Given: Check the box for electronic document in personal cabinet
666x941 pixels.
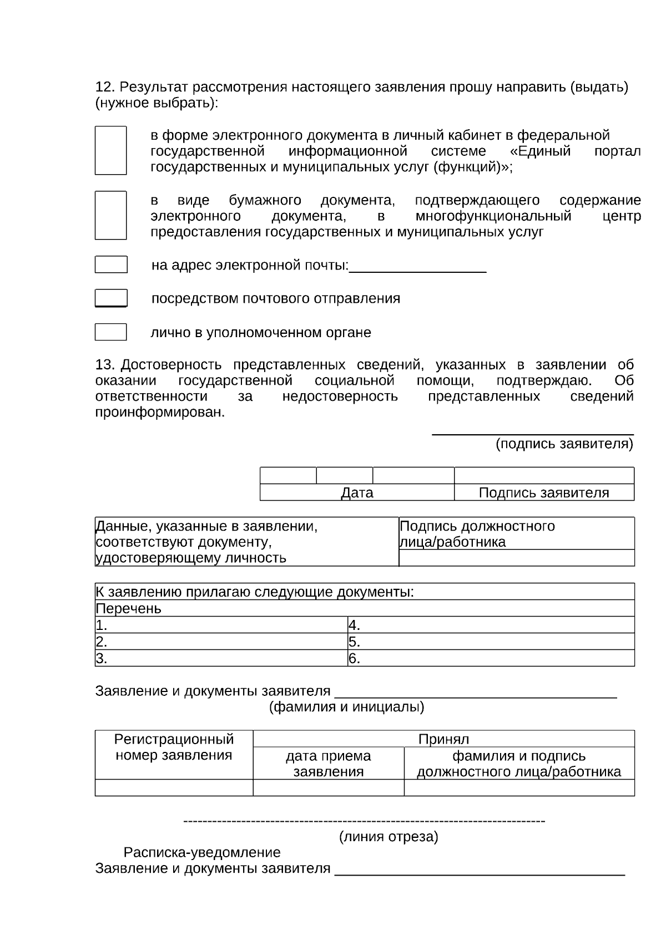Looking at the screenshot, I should click(110, 151).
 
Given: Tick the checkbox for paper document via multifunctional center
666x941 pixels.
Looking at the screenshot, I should click(110, 215).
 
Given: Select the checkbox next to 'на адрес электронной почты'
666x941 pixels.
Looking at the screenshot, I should click(111, 265).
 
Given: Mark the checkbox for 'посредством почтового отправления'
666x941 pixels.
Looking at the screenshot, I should click(111, 298).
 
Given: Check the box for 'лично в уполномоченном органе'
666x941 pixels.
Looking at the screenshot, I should click(110, 332).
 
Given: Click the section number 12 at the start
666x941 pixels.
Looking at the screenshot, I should click(104, 87).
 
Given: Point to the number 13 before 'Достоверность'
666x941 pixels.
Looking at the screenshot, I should click(104, 365).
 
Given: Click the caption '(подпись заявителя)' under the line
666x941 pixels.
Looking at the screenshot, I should click(564, 444).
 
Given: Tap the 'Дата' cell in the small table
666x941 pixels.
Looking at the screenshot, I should click(357, 492).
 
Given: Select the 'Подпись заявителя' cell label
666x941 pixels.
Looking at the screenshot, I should click(543, 492).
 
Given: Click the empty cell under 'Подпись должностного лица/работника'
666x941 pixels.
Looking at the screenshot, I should click(516, 558).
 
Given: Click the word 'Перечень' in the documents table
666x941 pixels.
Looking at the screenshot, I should click(128, 608).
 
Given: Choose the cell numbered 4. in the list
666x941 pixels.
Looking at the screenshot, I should click(491, 625).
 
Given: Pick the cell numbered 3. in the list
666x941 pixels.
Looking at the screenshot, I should click(221, 658).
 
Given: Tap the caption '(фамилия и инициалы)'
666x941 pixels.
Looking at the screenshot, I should click(346, 707).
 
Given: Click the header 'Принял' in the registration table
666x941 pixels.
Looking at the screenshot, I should click(443, 739).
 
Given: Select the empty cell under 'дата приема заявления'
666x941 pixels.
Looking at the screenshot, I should click(328, 787).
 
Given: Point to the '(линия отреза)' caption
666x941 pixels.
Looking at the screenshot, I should click(389, 836).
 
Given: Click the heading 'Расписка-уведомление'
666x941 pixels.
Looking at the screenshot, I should click(202, 852).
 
